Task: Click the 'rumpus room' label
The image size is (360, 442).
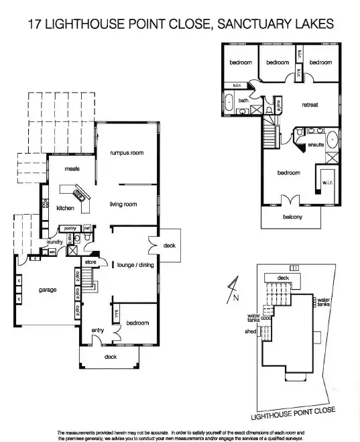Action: click(127, 153)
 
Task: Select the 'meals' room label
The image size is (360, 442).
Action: click(72, 169)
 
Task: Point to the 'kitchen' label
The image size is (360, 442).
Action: click(65, 208)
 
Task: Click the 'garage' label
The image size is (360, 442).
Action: click(47, 290)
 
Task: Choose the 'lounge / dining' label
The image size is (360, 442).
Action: click(135, 264)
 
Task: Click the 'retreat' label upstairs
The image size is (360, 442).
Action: click(310, 105)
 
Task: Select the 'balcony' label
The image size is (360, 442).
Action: click(292, 217)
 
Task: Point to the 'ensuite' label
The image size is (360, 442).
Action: click(316, 145)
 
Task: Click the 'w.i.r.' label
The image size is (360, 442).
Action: click(328, 182)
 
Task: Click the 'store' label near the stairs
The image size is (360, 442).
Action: click(91, 262)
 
